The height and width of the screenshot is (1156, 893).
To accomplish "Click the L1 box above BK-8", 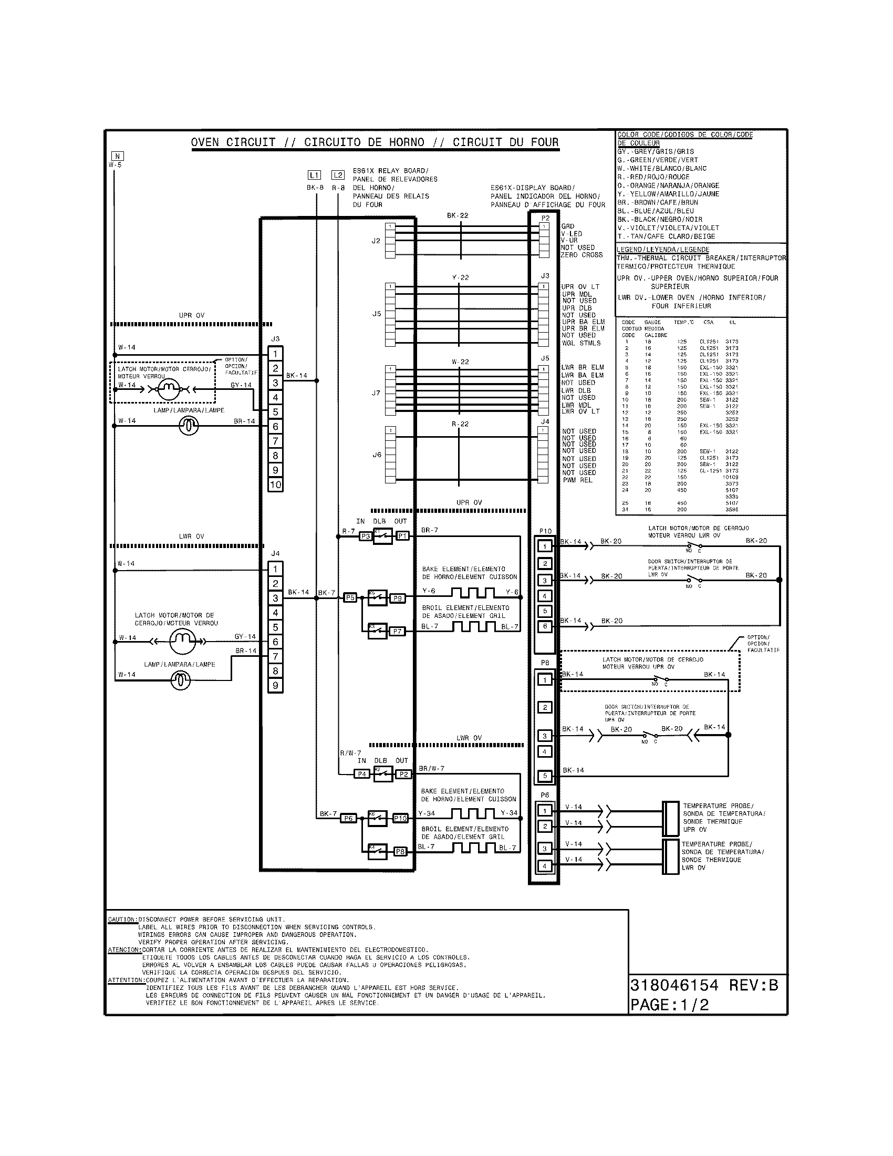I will click(314, 174).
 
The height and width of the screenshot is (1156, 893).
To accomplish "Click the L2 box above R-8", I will click(338, 174).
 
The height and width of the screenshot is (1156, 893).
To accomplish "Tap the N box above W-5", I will click(118, 156).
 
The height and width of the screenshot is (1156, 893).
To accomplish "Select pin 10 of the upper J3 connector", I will click(275, 485).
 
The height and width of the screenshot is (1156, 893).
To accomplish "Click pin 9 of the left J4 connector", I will click(275, 686).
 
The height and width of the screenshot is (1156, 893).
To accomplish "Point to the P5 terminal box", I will click(350, 597).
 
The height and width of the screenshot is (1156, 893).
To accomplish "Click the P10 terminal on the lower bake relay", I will click(400, 818).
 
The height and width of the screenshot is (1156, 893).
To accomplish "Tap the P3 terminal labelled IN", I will click(365, 536).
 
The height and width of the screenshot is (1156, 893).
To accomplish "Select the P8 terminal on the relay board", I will click(400, 852).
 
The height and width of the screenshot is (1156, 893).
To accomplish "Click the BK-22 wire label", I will click(457, 216).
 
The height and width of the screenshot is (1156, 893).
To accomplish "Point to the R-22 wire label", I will click(460, 424).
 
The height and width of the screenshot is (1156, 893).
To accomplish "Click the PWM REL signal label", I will click(578, 480).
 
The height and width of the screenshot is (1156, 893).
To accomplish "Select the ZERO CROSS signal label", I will click(582, 255).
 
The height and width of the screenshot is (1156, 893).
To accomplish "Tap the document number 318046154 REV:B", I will click(703, 986).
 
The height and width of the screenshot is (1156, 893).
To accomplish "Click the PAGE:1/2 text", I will click(669, 1005).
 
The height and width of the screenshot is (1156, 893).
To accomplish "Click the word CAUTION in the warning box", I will click(122, 920).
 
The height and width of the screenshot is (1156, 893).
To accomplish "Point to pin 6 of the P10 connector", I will click(545, 627).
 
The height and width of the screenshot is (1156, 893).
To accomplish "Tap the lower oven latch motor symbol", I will click(182, 642).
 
